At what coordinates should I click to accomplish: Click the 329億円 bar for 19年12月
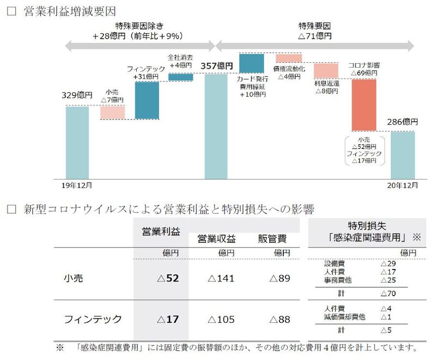click(x=77, y=142)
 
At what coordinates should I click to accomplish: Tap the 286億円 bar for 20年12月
click(x=403, y=155)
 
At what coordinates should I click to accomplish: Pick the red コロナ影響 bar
click(x=364, y=105)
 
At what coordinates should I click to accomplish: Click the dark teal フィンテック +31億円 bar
click(x=147, y=100)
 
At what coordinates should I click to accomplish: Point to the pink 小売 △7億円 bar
click(x=112, y=112)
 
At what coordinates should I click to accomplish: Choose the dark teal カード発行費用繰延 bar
click(x=251, y=63)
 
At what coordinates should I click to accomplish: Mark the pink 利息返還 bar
click(x=326, y=71)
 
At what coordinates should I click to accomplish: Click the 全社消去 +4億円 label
click(x=181, y=61)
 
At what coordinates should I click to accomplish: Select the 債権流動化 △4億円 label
click(x=289, y=73)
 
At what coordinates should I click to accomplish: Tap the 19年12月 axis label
click(x=76, y=185)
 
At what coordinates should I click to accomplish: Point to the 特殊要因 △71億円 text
click(x=315, y=31)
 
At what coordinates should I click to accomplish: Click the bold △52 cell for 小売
click(x=168, y=278)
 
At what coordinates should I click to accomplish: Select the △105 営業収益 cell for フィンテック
click(x=221, y=320)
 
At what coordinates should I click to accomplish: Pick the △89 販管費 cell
click(x=280, y=278)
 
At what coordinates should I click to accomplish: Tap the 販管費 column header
click(x=272, y=239)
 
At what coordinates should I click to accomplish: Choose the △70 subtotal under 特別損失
click(x=389, y=293)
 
